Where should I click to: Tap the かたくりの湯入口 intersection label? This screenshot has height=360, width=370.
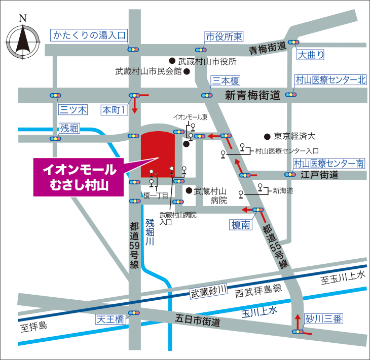(89, 35)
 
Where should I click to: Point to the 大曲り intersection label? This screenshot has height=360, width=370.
(311, 54)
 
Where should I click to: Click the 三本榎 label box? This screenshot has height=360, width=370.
(226, 81)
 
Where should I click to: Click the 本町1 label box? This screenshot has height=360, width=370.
(114, 109)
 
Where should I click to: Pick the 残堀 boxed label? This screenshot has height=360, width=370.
(69, 128)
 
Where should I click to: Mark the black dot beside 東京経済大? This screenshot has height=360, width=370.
(267, 136)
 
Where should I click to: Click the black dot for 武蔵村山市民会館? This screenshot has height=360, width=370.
(187, 71)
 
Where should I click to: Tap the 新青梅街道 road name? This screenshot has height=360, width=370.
(252, 95)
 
